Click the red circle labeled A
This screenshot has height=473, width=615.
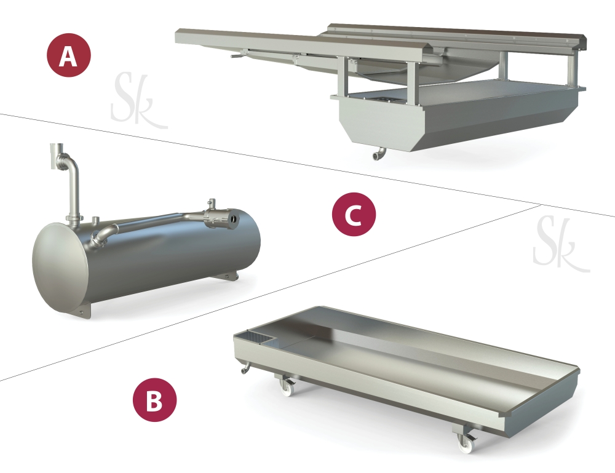click(69, 55)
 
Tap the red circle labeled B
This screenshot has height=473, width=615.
click(154, 400)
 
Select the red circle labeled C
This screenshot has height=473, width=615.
click(354, 214)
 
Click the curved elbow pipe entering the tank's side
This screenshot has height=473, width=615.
click(103, 236)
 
